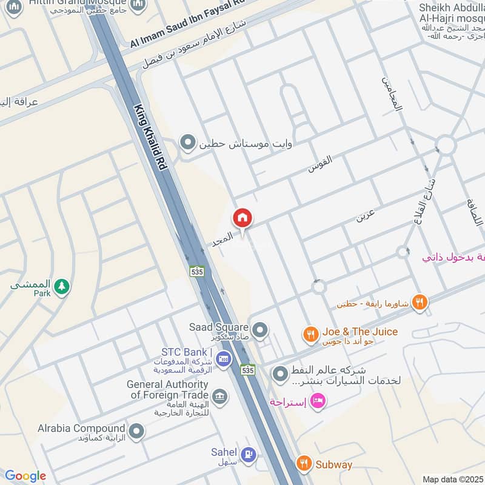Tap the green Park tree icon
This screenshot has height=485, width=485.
(61, 286)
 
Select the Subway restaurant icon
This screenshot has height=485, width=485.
(304, 464)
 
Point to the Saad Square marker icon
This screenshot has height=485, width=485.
(260, 330)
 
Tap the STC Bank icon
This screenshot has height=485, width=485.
(223, 358)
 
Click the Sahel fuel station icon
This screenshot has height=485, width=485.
(248, 453)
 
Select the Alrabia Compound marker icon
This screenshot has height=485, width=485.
(137, 431)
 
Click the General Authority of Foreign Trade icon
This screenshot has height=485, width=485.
(219, 396)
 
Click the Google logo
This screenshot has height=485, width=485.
(25, 476)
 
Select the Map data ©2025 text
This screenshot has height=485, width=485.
(452, 480)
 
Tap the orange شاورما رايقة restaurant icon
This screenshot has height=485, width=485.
(419, 302)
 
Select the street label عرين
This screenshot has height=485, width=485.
(366, 215)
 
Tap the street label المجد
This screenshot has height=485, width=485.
(221, 239)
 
